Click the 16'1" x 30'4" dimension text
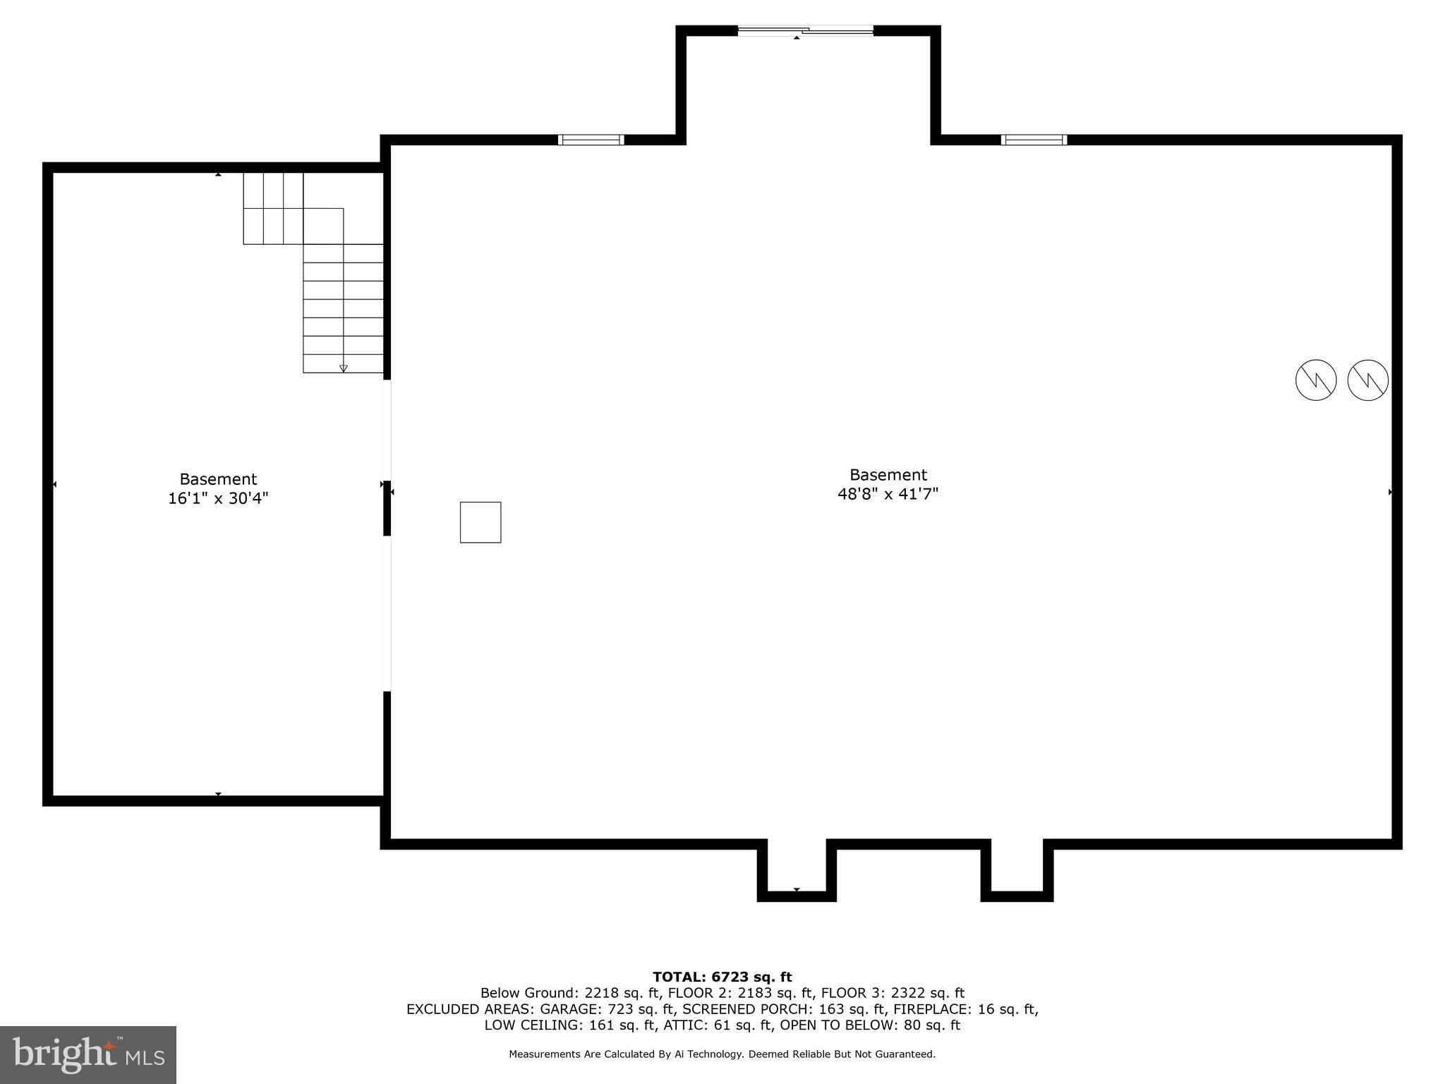(x=218, y=498)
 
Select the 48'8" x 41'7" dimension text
(x=888, y=494)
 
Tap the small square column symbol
(x=480, y=522)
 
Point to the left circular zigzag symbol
(x=1316, y=380)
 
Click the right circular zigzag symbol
(x=1368, y=380)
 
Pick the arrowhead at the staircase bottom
(x=344, y=368)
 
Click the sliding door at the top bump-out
(x=805, y=30)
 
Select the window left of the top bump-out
(x=591, y=140)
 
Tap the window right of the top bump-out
(x=1034, y=140)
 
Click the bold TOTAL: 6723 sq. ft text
(x=722, y=977)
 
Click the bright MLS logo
(x=88, y=1055)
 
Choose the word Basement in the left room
(x=218, y=479)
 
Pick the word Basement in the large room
(x=888, y=475)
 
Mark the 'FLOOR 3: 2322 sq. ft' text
(x=893, y=993)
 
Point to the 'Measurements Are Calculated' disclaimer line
(x=722, y=1054)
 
